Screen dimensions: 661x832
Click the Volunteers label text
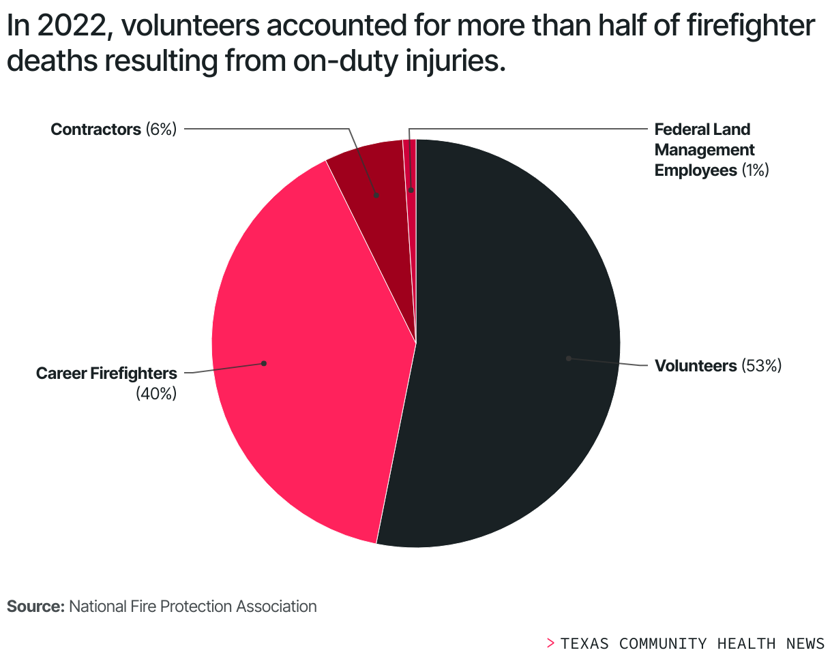[696, 366]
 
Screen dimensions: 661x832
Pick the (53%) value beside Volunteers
[760, 366]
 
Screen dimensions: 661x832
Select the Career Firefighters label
[106, 373]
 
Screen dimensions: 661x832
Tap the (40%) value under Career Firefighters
[156, 393]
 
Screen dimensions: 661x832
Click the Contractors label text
[95, 129]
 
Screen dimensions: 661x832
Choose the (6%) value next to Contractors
[161, 129]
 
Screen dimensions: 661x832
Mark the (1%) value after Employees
[755, 170]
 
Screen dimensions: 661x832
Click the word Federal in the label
[678, 129]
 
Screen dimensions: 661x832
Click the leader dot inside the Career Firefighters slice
[264, 363]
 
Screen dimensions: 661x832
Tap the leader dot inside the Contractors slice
[376, 195]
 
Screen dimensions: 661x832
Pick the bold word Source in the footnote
[35, 606]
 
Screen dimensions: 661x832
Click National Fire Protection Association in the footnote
[193, 606]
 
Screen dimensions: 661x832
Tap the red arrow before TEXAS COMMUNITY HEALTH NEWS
[550, 643]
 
